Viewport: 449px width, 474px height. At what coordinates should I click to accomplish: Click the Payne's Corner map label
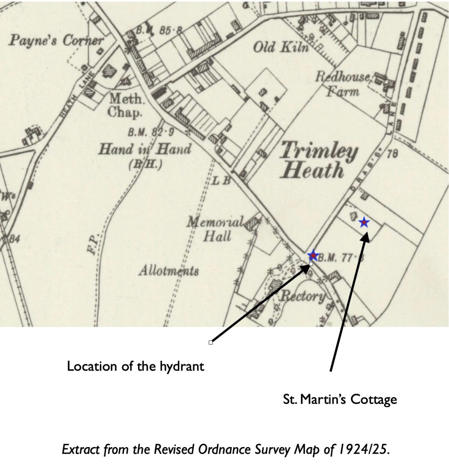coord(56,41)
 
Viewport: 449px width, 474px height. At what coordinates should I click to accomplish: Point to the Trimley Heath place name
coord(317,161)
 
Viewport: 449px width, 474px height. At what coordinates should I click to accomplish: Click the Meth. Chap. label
coord(127,105)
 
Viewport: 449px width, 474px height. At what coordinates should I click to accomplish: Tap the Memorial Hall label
coord(216,229)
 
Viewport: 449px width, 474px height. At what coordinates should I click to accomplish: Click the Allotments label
coord(169,270)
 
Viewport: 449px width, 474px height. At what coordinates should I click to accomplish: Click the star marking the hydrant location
coord(313,256)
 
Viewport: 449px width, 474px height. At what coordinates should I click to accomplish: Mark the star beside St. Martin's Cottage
coord(364,223)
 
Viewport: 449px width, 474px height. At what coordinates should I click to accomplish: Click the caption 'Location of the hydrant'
coord(135,366)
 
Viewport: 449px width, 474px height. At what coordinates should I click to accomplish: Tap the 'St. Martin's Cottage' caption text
coord(340,399)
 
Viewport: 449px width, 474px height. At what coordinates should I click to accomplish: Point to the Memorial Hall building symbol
coord(253,223)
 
